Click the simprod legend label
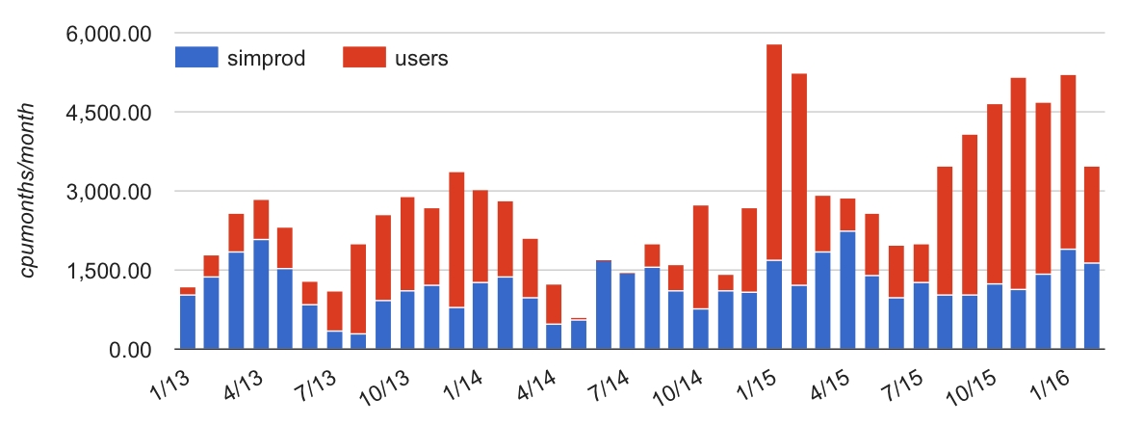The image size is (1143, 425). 267,58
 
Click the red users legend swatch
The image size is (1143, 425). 364,58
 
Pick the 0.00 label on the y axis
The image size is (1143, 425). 131,350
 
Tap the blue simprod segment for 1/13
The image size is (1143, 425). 188,322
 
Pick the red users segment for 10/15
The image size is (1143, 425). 995,194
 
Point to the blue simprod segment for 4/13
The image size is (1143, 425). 261,294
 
